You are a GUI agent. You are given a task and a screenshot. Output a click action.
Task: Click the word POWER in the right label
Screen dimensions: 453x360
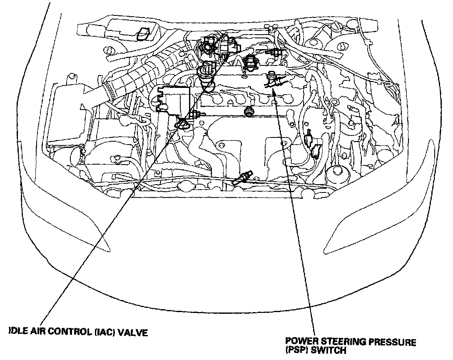[x=295, y=342]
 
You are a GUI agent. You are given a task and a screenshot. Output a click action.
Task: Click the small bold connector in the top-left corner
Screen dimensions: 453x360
[x=145, y=33]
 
